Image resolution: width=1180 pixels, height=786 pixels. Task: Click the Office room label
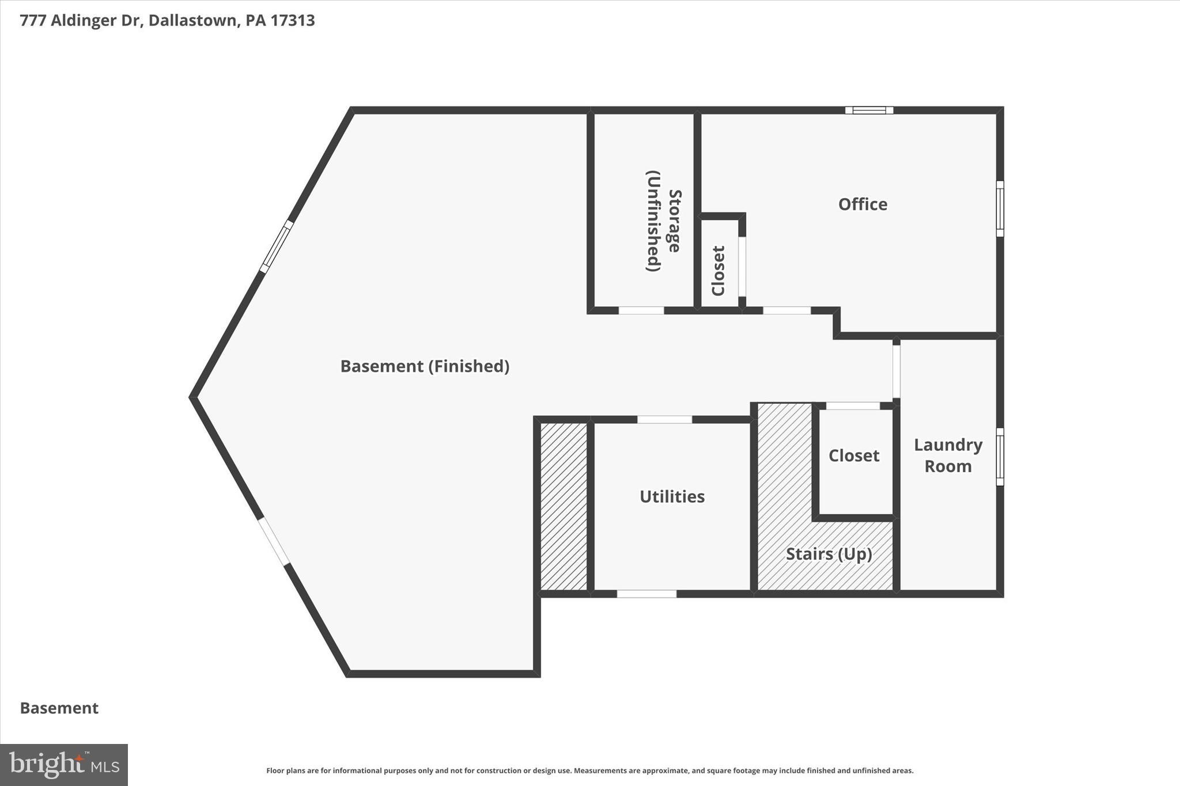862,204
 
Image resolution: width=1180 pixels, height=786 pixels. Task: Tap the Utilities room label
672,496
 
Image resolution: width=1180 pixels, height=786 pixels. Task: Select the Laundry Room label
948,455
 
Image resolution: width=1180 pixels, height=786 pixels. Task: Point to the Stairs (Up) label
829,554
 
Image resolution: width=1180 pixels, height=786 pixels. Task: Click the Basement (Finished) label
425,366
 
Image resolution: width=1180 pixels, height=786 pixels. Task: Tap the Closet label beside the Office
718,271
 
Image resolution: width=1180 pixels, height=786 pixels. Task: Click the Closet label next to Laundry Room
853,455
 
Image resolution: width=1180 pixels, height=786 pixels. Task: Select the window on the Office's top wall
869,110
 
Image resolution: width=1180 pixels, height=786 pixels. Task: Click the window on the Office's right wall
1000,208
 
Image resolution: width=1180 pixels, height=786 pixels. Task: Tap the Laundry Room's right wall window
1000,457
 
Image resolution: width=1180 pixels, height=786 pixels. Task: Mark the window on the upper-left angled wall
277,246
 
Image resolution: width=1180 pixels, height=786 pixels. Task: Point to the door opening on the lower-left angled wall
273,541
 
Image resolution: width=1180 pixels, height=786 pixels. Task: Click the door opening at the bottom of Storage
641,310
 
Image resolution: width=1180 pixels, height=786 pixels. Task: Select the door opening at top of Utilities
664,419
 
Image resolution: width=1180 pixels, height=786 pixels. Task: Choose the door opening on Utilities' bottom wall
646,594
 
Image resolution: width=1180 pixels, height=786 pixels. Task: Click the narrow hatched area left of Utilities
563,507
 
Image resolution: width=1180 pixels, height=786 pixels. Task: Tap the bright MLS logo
64,765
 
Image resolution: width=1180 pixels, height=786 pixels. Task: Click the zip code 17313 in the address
292,21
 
